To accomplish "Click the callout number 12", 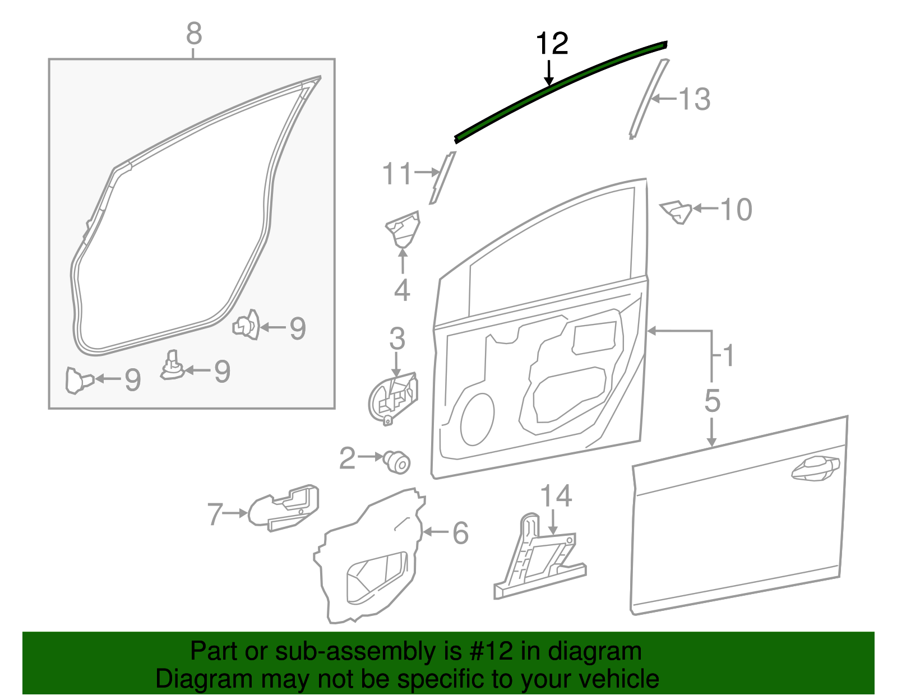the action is (x=552, y=44).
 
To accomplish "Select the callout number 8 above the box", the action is (x=194, y=34).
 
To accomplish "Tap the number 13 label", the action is (x=695, y=99).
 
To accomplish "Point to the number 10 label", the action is (x=737, y=210).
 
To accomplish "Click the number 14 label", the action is (x=556, y=495).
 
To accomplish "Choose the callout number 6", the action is (x=461, y=533).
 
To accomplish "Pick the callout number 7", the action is (x=215, y=514).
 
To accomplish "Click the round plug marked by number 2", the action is (x=397, y=462).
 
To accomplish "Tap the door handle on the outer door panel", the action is (x=816, y=469).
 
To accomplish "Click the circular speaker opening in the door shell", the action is (x=477, y=420).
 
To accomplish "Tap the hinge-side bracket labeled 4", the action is (x=403, y=230).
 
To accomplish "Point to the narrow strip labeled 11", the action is (x=442, y=178).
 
